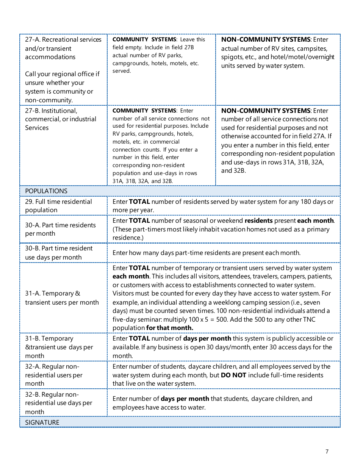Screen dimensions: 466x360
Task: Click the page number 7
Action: tap(327, 451)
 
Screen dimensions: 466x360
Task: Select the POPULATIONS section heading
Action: tap(46, 191)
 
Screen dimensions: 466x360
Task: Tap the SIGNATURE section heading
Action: tap(42, 422)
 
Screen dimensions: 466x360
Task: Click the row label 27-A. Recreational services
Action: tap(63, 40)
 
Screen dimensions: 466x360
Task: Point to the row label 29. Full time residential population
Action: tap(58, 206)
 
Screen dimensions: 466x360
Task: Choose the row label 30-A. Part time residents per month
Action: tap(60, 229)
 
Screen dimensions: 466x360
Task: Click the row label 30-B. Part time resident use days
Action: tap(59, 253)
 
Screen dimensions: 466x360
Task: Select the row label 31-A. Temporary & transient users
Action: tap(62, 298)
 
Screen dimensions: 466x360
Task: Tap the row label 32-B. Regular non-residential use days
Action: tap(58, 403)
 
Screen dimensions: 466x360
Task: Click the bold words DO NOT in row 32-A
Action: tap(233, 375)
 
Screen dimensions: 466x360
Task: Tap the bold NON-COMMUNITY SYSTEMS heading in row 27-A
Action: tap(266, 40)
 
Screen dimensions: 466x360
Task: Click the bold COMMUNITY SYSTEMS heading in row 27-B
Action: tap(144, 111)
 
